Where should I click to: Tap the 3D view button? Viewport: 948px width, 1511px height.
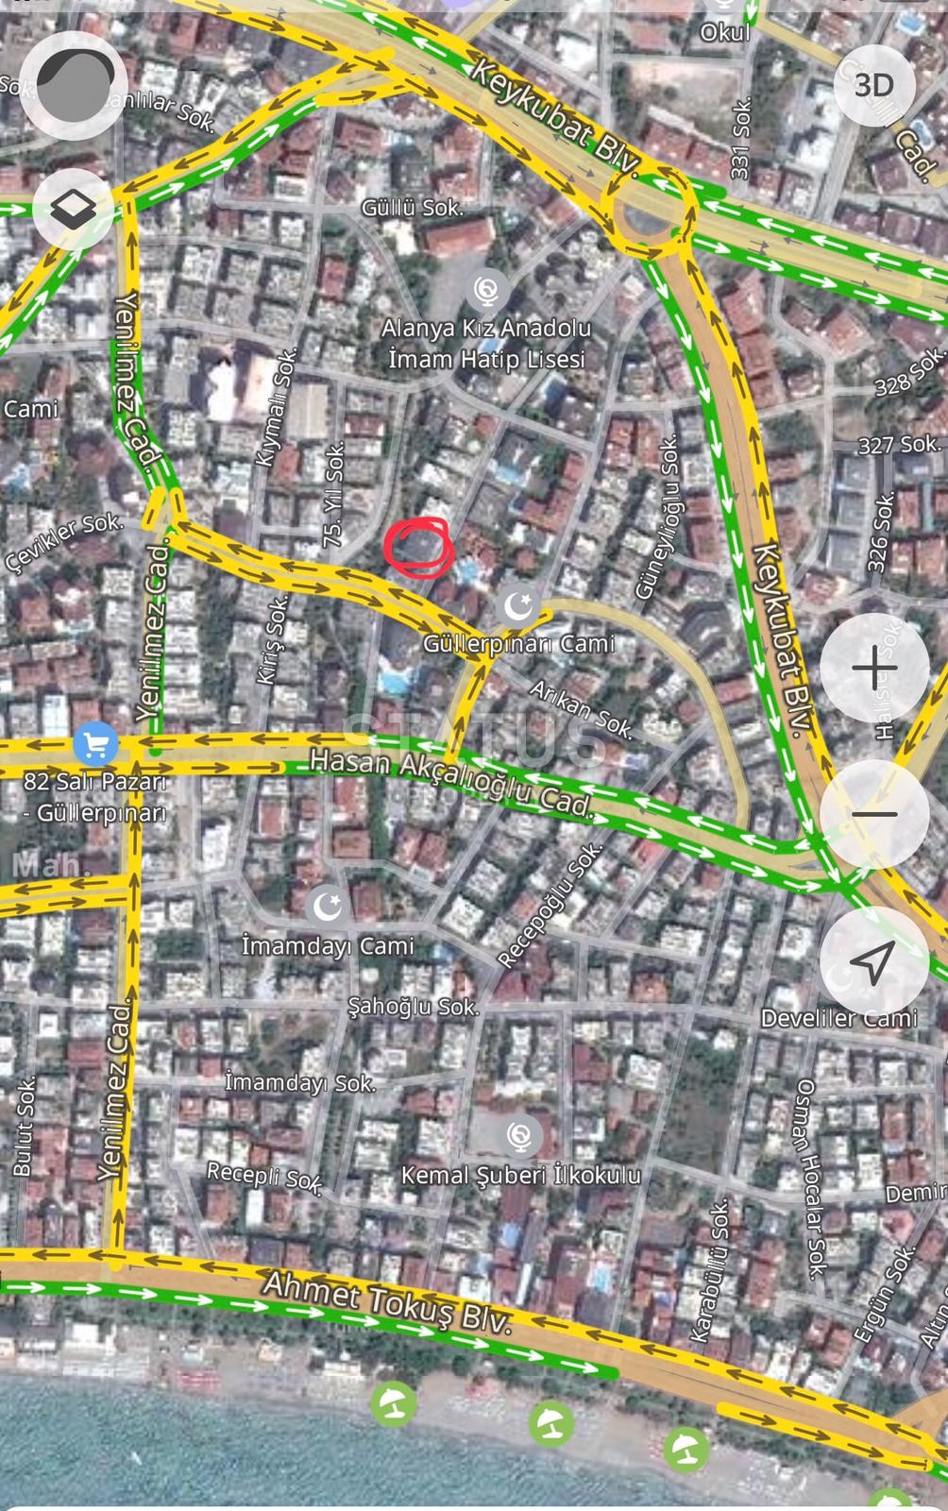[873, 86]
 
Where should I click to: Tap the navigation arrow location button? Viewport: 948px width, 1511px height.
[874, 960]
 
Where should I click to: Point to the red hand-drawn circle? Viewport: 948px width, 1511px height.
[418, 547]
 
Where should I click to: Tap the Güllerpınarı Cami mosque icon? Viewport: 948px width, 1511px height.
[517, 605]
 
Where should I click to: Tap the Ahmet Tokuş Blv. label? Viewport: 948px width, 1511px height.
[387, 1301]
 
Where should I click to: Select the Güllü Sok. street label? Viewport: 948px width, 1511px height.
[413, 207]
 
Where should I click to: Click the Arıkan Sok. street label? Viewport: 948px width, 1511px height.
[580, 708]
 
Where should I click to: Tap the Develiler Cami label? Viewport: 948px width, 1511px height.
[839, 1017]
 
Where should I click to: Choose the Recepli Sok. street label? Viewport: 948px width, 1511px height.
[265, 1176]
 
